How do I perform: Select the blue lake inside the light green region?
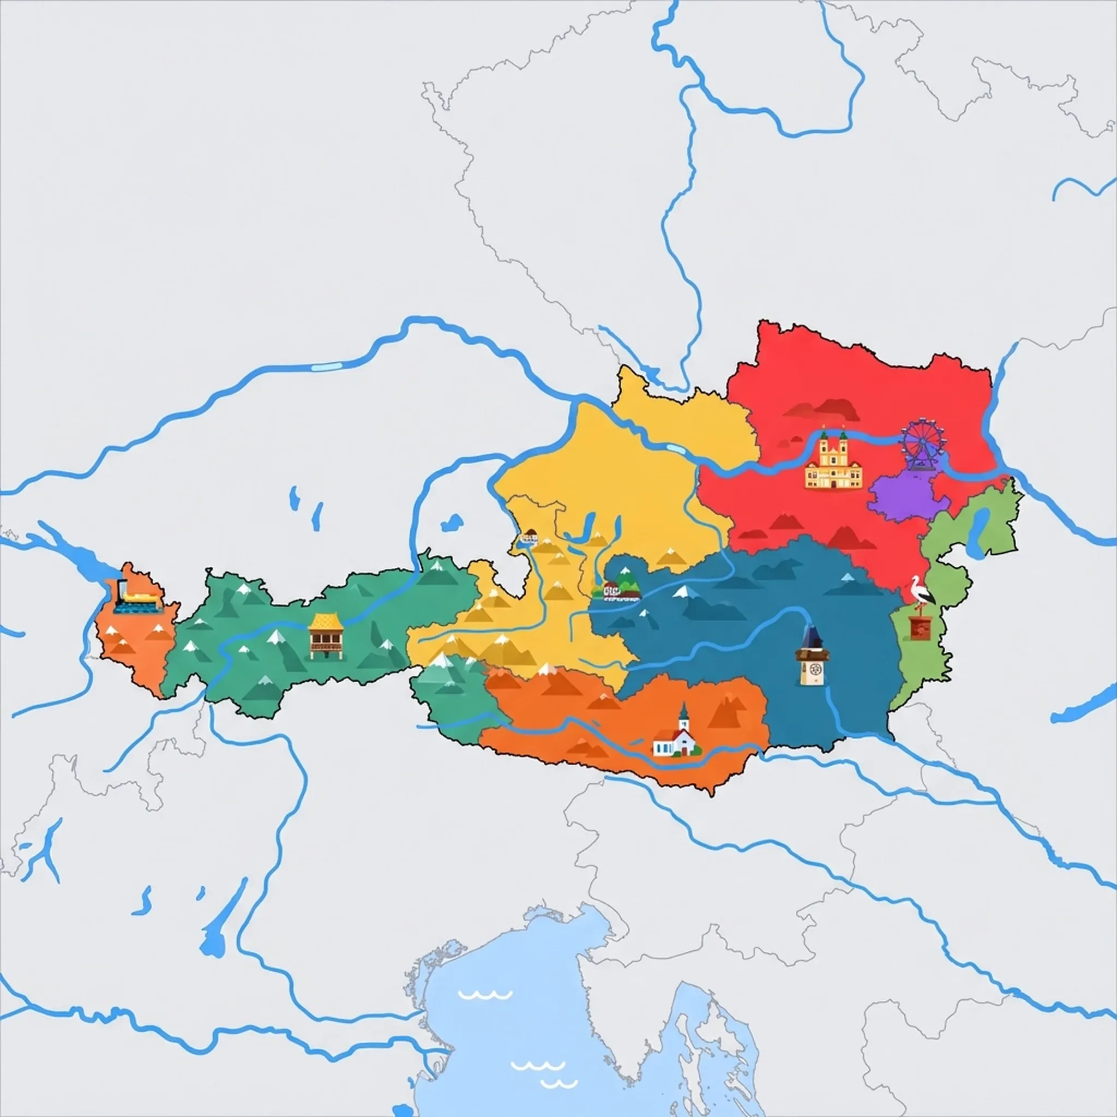(980, 531)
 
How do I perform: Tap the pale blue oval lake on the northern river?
(326, 366)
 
